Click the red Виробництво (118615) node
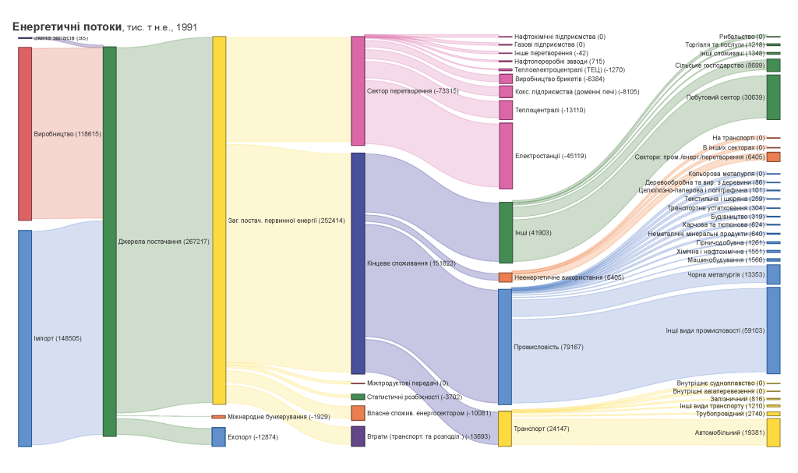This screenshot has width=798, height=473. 25,133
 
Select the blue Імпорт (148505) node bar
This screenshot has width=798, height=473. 25,337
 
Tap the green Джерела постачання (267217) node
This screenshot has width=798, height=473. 109,241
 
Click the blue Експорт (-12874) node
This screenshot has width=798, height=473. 219,436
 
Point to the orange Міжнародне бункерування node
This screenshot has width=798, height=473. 219,417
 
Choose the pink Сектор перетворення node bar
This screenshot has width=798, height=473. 358,90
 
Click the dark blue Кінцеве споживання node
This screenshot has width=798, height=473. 358,263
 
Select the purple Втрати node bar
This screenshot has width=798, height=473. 358,436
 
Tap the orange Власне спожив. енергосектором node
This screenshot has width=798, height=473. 358,413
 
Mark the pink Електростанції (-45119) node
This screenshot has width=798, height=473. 506,156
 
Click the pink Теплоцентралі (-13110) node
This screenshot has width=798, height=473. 506,110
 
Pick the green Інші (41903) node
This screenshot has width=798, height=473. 506,232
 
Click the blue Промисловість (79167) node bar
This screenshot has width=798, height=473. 505,347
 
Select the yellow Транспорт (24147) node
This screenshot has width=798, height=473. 505,429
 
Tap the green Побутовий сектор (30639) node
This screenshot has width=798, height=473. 773,97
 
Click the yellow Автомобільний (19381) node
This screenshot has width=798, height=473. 773,432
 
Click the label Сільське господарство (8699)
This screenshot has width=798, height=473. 719,65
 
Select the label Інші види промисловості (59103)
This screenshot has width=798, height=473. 715,330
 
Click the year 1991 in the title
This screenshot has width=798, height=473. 186,27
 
